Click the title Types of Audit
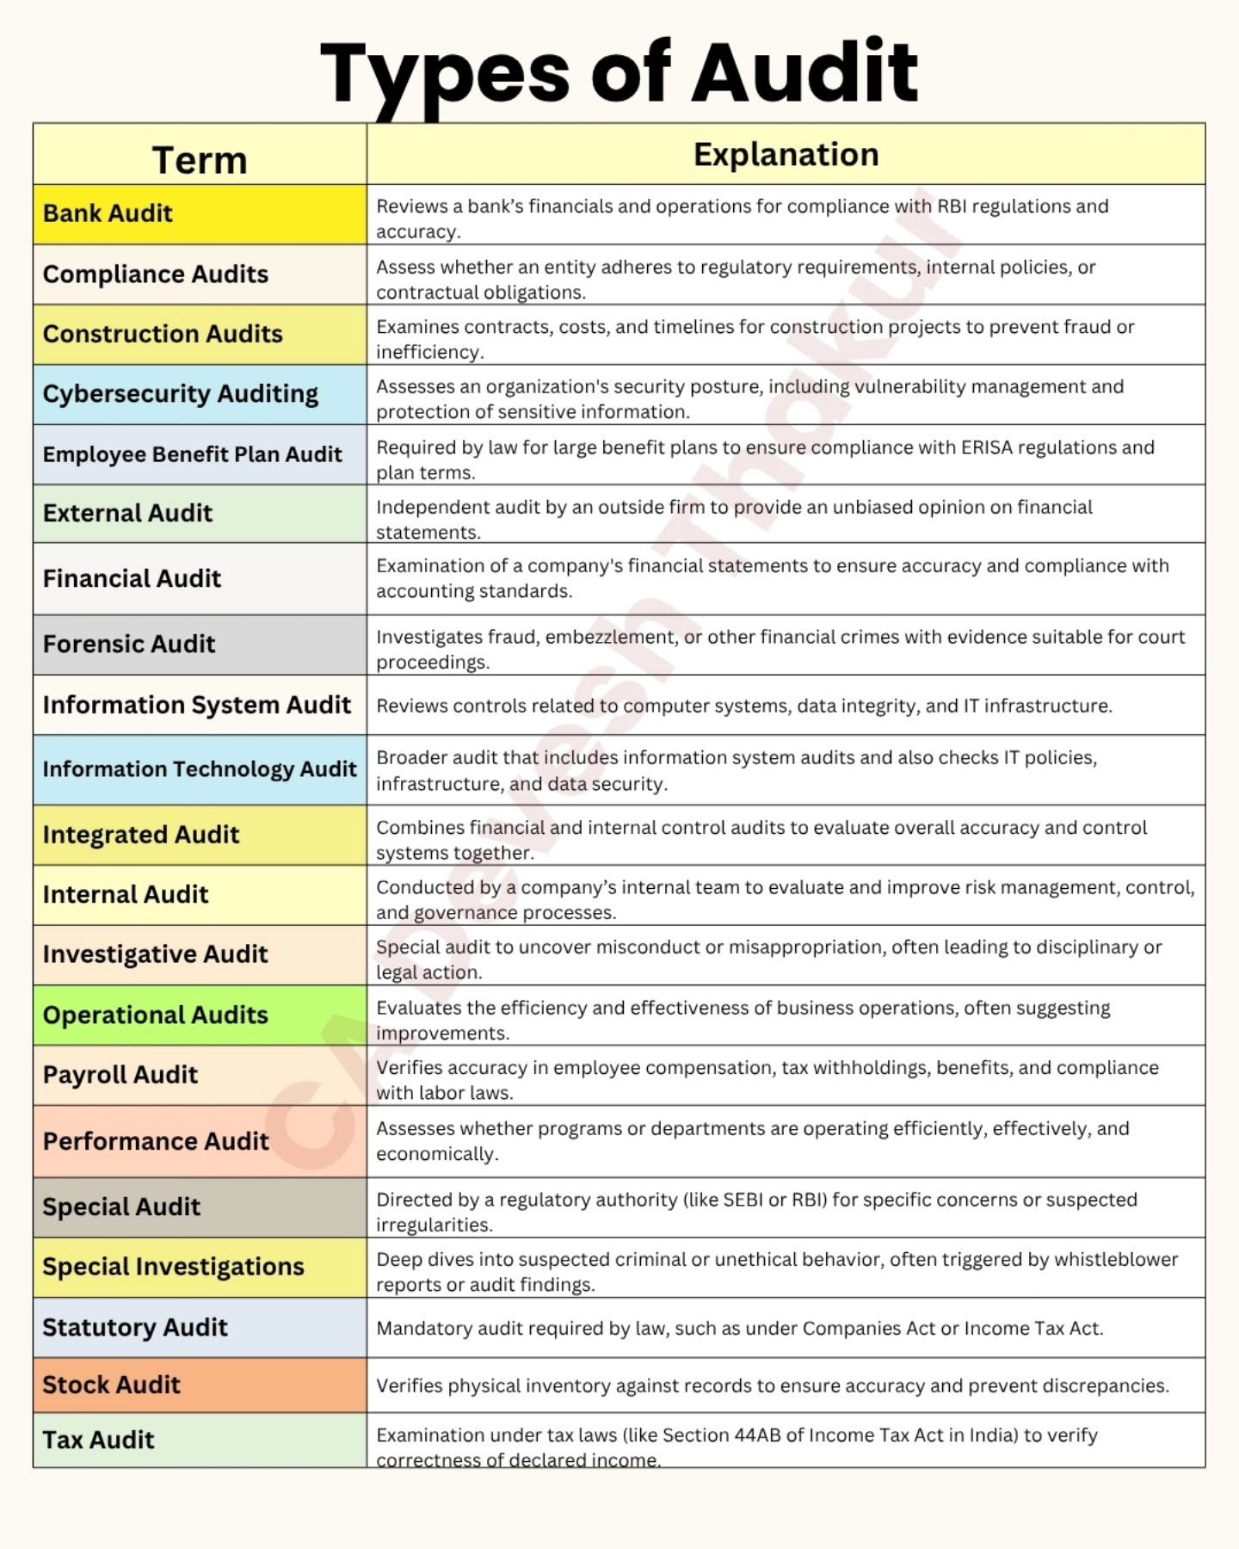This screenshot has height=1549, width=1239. [619, 72]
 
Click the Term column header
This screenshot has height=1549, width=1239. [200, 160]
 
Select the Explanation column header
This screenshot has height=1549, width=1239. [786, 155]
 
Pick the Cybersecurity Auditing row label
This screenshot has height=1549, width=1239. [181, 394]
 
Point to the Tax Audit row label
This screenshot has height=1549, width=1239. [99, 1440]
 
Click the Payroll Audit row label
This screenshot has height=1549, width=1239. [120, 1075]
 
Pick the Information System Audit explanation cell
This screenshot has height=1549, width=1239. [744, 706]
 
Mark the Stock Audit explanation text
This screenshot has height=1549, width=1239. [773, 1385]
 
